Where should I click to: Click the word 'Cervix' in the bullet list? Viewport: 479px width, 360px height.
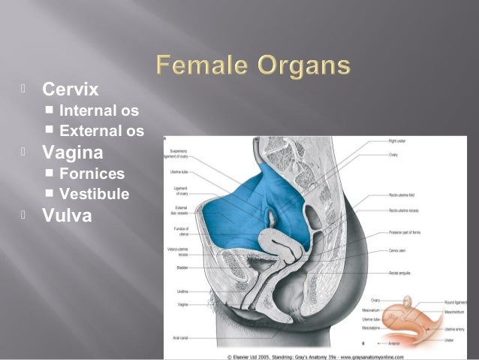(x=70, y=90)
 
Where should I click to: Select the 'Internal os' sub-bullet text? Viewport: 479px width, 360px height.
(x=98, y=112)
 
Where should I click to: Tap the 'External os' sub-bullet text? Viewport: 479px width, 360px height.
(x=101, y=132)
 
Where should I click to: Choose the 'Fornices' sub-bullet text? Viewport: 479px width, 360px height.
(x=92, y=174)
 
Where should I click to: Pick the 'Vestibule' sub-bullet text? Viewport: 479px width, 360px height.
(x=94, y=194)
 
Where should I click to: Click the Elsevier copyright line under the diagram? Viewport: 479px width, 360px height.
(x=320, y=352)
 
